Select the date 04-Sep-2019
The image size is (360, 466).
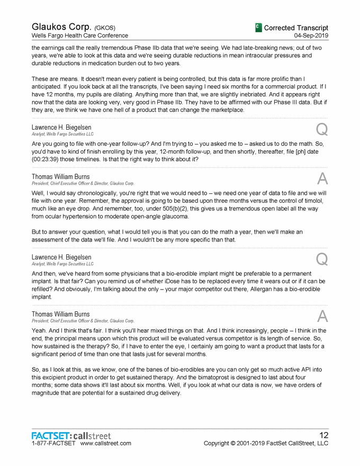point(311,35)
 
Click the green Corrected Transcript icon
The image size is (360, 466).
point(258,27)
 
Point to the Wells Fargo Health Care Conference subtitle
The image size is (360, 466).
point(79,35)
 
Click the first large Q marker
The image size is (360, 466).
point(321,128)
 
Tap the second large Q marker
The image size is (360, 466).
point(321,258)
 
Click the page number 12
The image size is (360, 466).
point(323,435)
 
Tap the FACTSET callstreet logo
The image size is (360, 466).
point(71,435)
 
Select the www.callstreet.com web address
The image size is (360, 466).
point(106,443)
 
